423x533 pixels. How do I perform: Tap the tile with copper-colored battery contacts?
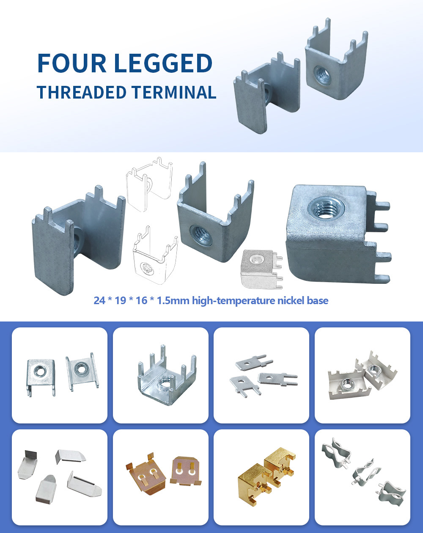pos(161,477)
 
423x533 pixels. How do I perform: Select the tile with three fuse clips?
pos(363,477)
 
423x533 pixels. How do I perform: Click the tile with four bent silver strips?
pos(60,477)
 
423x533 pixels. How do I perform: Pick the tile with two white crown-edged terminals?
pos(363,375)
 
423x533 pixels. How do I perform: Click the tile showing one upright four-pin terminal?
pos(161,375)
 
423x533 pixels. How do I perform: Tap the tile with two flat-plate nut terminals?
pos(60,375)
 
